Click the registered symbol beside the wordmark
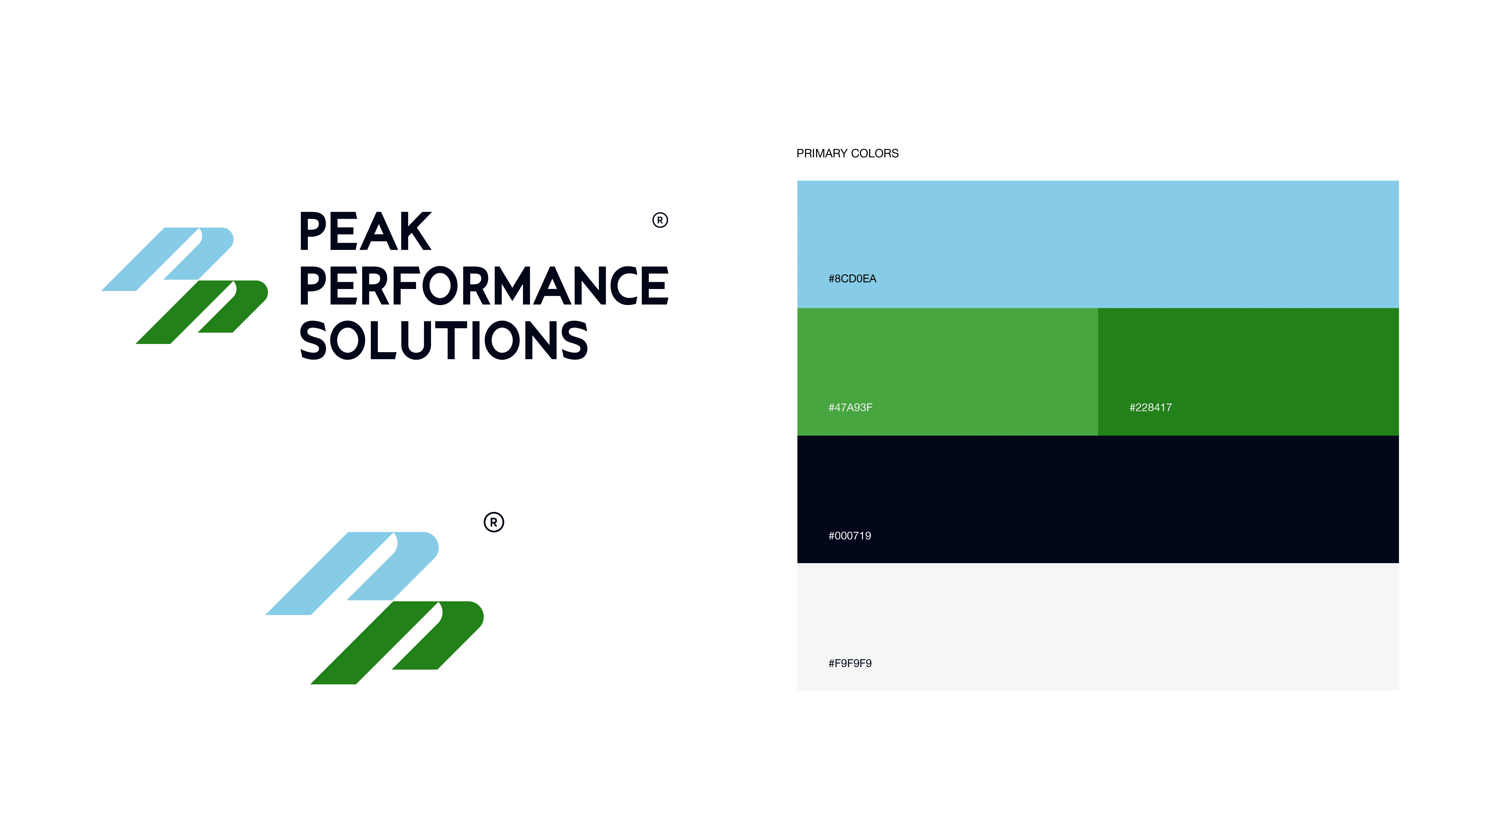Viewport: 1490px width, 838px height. (660, 220)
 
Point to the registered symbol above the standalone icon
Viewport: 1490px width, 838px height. (493, 522)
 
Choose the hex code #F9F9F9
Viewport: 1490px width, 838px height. (850, 663)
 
